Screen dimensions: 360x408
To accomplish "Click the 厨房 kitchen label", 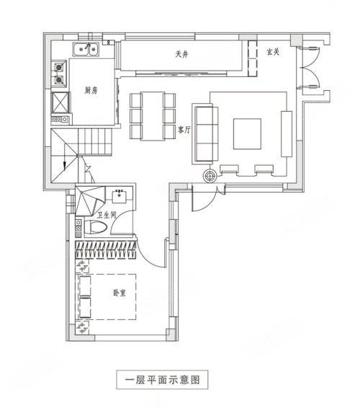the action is [x=91, y=90].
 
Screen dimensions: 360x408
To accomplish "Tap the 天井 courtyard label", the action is [x=181, y=54].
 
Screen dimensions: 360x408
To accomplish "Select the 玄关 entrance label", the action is [x=273, y=52].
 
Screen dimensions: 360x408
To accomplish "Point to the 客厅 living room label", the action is [x=184, y=129].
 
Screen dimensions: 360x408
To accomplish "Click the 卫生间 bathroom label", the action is [x=107, y=215].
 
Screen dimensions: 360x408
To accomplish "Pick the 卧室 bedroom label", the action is [x=120, y=293].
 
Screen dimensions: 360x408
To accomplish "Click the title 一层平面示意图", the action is [x=162, y=380].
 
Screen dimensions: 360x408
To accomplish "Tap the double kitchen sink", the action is [x=86, y=50].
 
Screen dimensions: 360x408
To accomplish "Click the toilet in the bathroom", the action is [x=95, y=227].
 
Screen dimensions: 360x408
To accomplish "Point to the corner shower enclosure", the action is [x=90, y=201].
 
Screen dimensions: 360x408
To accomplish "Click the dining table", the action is [x=153, y=116].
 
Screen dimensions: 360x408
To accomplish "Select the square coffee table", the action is [x=247, y=134].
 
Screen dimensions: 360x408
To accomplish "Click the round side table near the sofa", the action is [x=210, y=176].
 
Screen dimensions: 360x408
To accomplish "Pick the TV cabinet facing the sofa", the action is [x=287, y=134].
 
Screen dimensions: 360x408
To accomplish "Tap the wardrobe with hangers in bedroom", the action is [x=106, y=250].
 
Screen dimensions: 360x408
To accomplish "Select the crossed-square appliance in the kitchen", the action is [x=60, y=102].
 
